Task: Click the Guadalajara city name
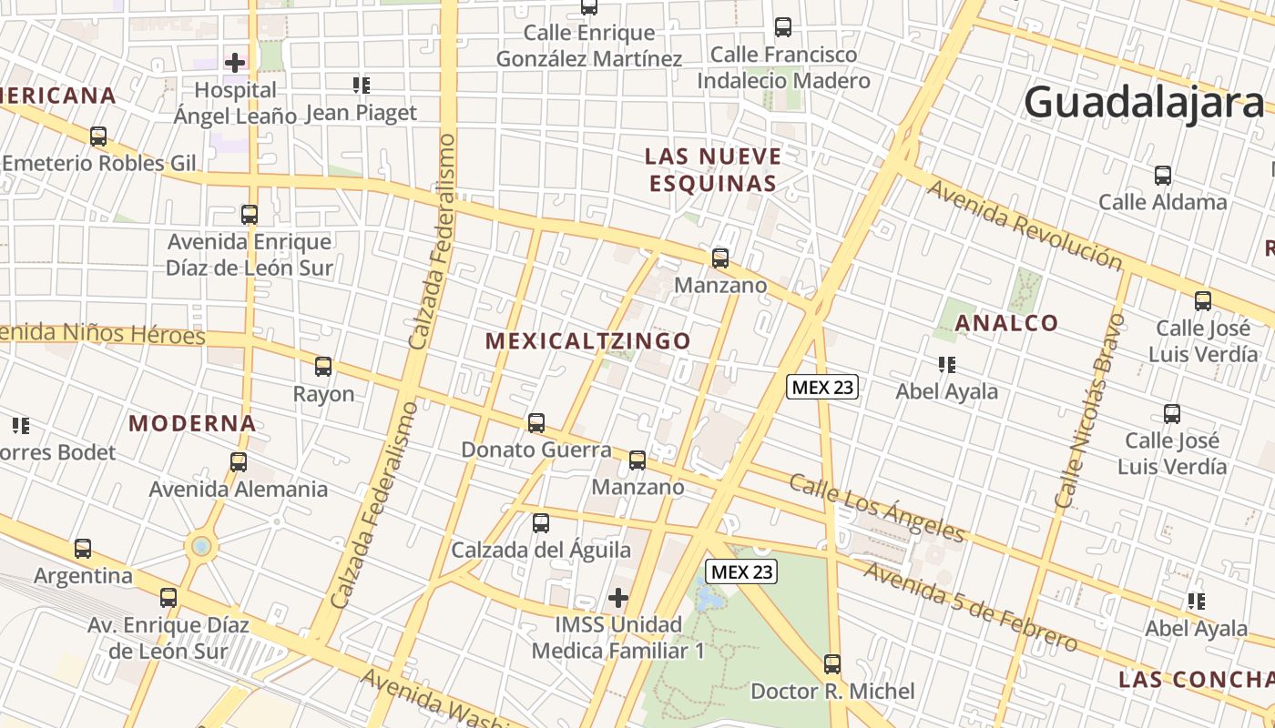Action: [1145, 102]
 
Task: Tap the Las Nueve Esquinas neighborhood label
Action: [713, 169]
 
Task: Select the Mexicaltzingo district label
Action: [587, 341]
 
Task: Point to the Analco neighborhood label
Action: [1007, 323]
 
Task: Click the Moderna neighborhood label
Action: [192, 423]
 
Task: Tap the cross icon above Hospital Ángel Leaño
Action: [235, 63]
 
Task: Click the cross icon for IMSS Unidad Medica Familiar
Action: [618, 598]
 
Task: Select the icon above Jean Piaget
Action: [361, 86]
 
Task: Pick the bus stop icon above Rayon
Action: [323, 367]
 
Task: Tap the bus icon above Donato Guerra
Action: [536, 423]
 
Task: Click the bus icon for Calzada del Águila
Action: [541, 523]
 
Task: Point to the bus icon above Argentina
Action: [83, 549]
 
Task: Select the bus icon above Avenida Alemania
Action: [239, 461]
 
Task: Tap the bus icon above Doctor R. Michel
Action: [832, 664]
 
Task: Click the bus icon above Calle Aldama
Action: [1163, 176]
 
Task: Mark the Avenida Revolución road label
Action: [1025, 224]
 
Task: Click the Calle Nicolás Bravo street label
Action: [1085, 410]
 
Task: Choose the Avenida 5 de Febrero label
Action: [970, 606]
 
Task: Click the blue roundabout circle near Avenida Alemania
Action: [201, 547]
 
